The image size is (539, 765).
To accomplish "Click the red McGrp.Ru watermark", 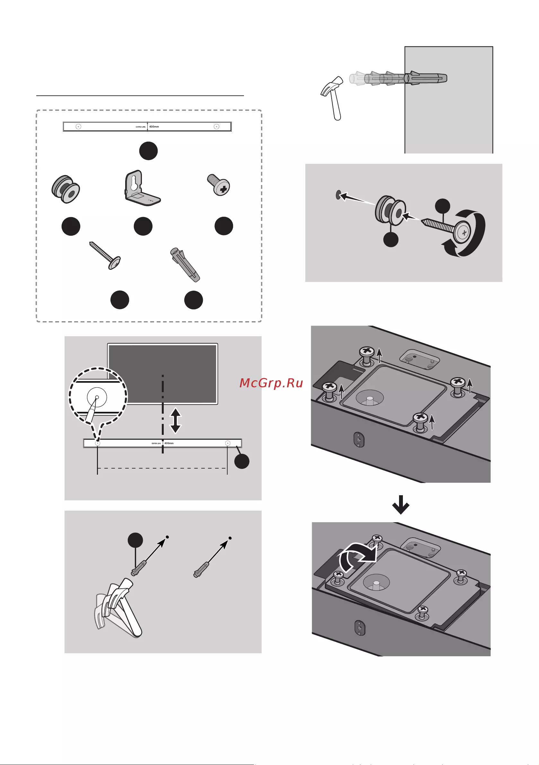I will (x=271, y=383).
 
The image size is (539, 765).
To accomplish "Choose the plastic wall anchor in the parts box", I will (x=185, y=265).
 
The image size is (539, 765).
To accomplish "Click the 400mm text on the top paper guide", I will (x=154, y=127).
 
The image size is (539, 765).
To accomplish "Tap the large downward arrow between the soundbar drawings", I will (x=400, y=505).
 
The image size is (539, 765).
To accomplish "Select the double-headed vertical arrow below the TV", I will (x=176, y=421).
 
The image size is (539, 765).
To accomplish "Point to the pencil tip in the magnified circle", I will (x=97, y=398).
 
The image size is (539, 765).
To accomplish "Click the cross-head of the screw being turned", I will (x=464, y=233).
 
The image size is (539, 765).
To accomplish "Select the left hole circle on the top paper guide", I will (x=78, y=127).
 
